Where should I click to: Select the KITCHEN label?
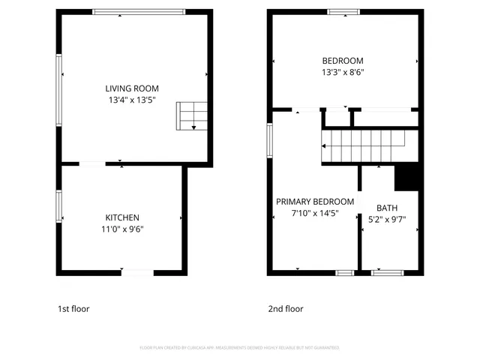(x=122, y=217)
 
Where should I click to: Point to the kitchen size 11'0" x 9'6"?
(x=122, y=229)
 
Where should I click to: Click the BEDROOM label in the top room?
(x=343, y=61)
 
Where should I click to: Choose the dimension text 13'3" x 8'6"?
(x=343, y=73)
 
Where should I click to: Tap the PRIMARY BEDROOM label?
(x=315, y=202)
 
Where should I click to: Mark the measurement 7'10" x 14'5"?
(x=315, y=214)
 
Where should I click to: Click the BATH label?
(x=387, y=208)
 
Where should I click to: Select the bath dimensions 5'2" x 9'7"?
(x=387, y=220)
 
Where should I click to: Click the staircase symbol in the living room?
(x=191, y=116)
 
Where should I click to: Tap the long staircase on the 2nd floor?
(x=364, y=145)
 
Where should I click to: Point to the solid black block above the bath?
(x=406, y=177)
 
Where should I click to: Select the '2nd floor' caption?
(x=286, y=308)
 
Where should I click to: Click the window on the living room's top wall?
(x=139, y=11)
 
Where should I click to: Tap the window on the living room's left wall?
(x=59, y=76)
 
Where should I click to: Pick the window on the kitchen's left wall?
(x=59, y=205)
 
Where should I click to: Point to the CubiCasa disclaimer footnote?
(x=239, y=348)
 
